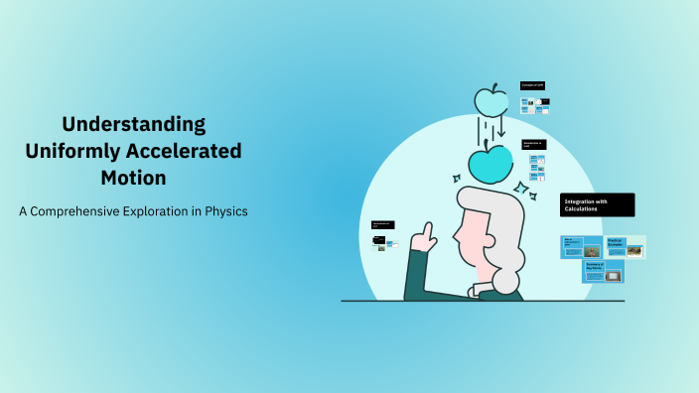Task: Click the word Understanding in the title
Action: pos(133,125)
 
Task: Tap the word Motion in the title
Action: pos(133,179)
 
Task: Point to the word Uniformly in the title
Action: pos(70,152)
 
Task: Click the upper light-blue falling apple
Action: pos(490,100)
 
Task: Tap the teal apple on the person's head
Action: pos(490,164)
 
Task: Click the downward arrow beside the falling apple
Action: pos(501,128)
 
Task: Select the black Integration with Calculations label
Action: pos(597,204)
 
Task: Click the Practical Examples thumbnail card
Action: pos(626,247)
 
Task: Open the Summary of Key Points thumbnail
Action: pos(603,271)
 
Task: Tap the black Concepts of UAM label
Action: pos(533,86)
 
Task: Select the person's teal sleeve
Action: pos(416,277)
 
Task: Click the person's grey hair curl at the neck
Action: pos(506,282)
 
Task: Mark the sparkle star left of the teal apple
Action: pos(457,179)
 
